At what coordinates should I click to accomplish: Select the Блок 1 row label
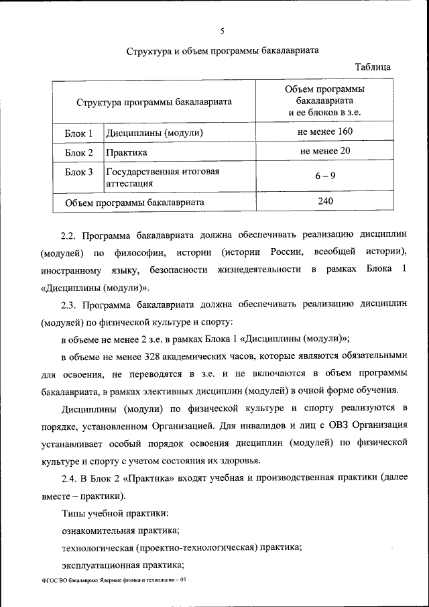(78, 133)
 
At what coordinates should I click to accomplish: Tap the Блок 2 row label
(78, 152)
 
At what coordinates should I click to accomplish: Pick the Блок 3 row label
(78, 172)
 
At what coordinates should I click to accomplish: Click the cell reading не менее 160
(325, 132)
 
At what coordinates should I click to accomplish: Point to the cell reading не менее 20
(325, 151)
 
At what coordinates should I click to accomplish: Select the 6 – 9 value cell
(325, 176)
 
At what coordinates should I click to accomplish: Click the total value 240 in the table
(325, 201)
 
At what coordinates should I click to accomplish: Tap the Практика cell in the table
(125, 152)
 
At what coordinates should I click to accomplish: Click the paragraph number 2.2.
(70, 235)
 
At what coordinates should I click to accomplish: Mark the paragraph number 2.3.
(70, 305)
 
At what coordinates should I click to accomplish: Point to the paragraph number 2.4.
(70, 478)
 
